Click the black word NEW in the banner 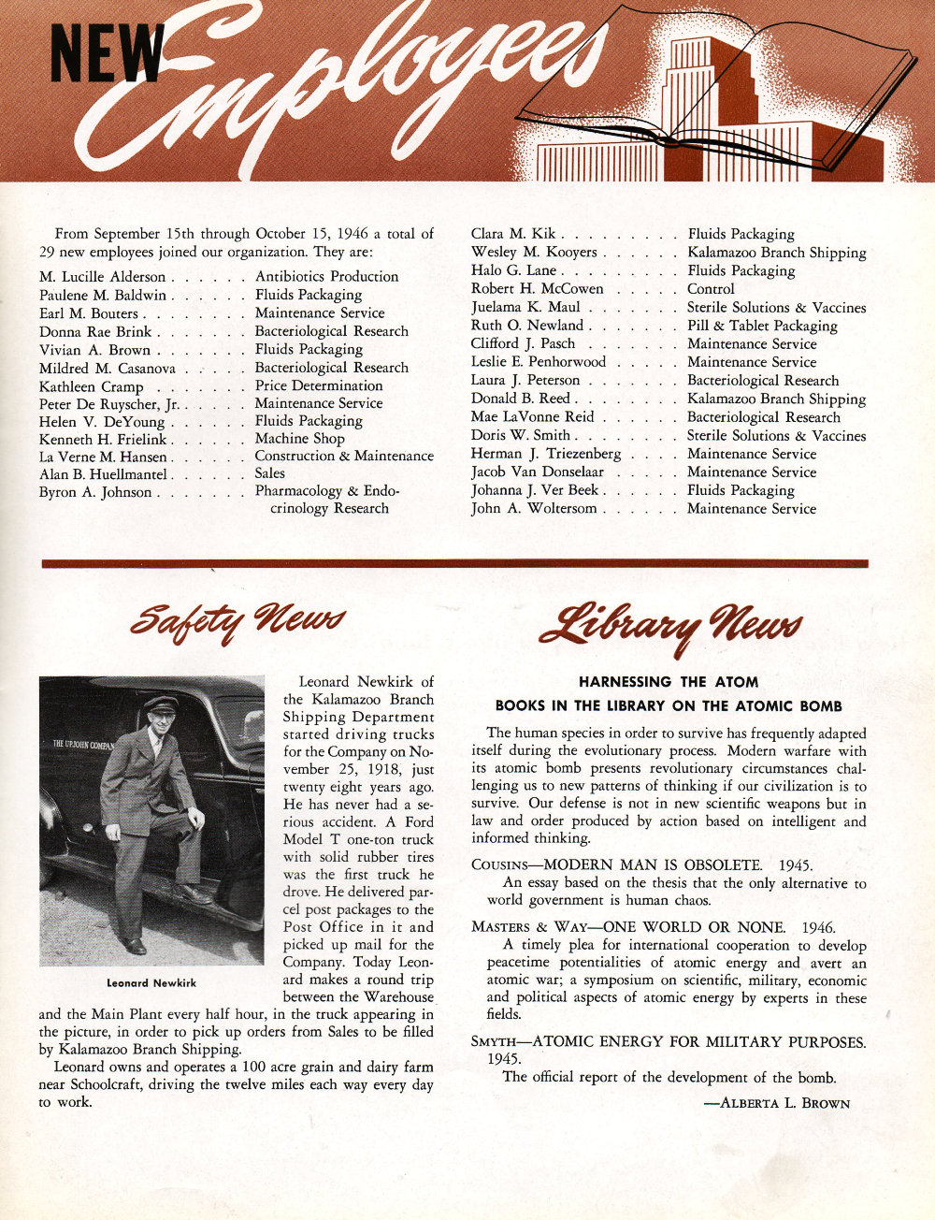click(106, 52)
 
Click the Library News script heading click(669, 626)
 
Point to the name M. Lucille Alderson click(102, 277)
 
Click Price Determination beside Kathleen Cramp click(318, 385)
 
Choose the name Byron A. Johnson click(94, 492)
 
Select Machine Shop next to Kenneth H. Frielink click(299, 439)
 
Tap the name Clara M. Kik click(512, 234)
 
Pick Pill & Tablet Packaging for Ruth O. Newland click(762, 326)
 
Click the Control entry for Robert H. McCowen click(711, 289)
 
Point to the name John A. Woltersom click(533, 509)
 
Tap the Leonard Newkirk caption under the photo click(151, 983)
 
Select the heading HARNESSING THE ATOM click(668, 682)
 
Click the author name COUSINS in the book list click(501, 865)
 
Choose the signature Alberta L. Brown click(776, 1103)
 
